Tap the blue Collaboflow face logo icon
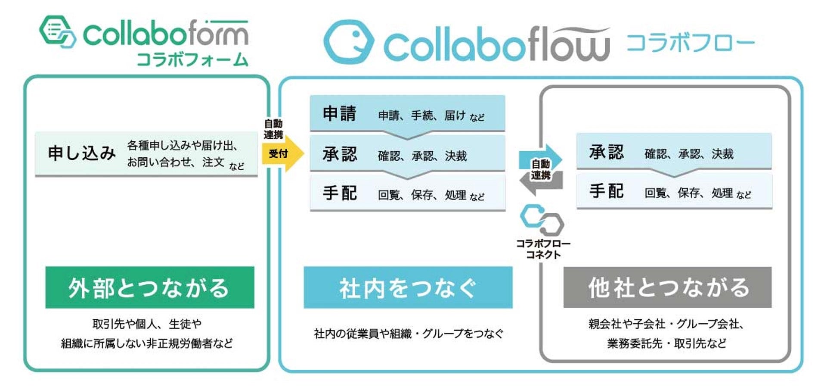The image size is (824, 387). (x=348, y=42)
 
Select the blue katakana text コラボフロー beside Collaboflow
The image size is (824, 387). (x=690, y=43)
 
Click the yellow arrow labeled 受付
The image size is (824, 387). (x=282, y=154)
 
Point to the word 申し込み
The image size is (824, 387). (x=81, y=153)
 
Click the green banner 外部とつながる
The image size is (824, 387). (x=149, y=287)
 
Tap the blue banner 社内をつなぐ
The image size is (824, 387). (x=408, y=287)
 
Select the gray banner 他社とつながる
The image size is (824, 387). (x=667, y=287)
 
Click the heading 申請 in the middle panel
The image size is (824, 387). (x=340, y=114)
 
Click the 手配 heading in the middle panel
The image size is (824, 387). (x=340, y=193)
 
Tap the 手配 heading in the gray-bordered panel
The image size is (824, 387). (x=606, y=191)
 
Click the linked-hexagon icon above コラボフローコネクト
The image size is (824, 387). (x=542, y=220)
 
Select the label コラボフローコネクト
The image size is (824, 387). (x=543, y=249)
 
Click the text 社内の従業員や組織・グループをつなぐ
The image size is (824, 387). (x=408, y=334)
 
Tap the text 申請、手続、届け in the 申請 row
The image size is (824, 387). (x=422, y=115)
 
